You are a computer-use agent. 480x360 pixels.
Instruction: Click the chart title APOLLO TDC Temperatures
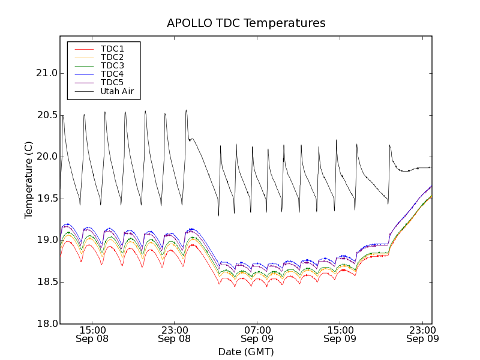(x=246, y=23)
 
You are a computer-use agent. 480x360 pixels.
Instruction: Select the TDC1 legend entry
(x=112, y=49)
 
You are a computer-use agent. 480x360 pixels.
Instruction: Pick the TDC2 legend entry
(x=112, y=57)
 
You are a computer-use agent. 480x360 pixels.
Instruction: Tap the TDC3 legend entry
(x=112, y=65)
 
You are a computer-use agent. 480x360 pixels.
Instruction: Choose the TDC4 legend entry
(x=112, y=74)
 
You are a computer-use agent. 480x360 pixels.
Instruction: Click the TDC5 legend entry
(x=112, y=83)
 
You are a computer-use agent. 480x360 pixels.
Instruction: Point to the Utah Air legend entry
(x=117, y=92)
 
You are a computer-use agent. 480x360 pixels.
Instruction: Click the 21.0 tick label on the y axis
(x=46, y=73)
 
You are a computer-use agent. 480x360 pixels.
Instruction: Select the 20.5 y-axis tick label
(x=46, y=115)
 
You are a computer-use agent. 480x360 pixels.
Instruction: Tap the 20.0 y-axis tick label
(x=46, y=157)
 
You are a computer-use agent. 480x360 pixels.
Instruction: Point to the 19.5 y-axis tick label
(x=46, y=199)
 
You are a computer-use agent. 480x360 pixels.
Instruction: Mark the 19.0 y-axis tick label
(x=46, y=240)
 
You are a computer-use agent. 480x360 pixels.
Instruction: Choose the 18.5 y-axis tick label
(x=46, y=282)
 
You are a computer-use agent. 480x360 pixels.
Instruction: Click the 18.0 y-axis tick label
(x=46, y=324)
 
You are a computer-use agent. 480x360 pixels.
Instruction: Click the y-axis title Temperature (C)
(x=29, y=180)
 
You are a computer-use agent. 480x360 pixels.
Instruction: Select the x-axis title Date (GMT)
(x=246, y=352)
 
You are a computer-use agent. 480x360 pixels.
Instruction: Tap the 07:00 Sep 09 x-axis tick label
(x=257, y=334)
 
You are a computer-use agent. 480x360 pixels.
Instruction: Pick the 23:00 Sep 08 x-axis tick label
(x=175, y=334)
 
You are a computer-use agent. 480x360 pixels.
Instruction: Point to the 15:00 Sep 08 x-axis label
(x=92, y=334)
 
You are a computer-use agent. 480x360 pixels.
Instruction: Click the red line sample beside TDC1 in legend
(x=84, y=49)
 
